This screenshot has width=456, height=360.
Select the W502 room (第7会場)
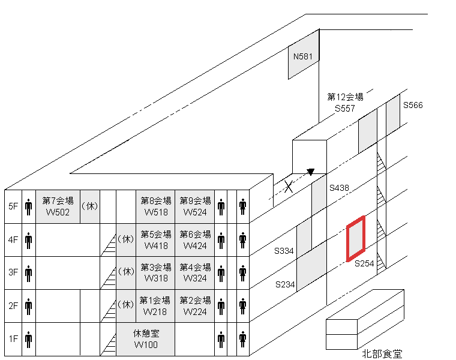[x=58, y=206]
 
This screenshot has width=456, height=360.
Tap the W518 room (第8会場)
[x=155, y=206]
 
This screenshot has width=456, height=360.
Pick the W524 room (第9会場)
[x=195, y=206]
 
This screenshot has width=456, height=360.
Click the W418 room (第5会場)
[x=155, y=239]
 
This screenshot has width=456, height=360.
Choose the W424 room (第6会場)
[x=195, y=239]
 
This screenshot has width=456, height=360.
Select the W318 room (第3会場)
[x=155, y=272]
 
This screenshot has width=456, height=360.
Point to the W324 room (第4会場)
[x=195, y=272]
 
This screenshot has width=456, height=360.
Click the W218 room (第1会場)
[x=155, y=305]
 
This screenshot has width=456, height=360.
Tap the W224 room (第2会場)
[x=195, y=305]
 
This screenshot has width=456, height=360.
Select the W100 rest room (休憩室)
[x=146, y=338]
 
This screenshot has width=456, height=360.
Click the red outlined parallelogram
[x=356, y=239]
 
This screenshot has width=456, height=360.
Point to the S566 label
[x=413, y=106]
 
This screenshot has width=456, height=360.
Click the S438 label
[x=339, y=188]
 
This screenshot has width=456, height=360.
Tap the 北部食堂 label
[x=382, y=353]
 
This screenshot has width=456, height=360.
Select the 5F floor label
[x=13, y=206]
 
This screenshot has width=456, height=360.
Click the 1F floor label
[x=13, y=338]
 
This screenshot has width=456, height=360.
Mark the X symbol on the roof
[x=289, y=187]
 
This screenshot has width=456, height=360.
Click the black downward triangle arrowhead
[x=310, y=173]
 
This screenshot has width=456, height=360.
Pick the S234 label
[x=285, y=284]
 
